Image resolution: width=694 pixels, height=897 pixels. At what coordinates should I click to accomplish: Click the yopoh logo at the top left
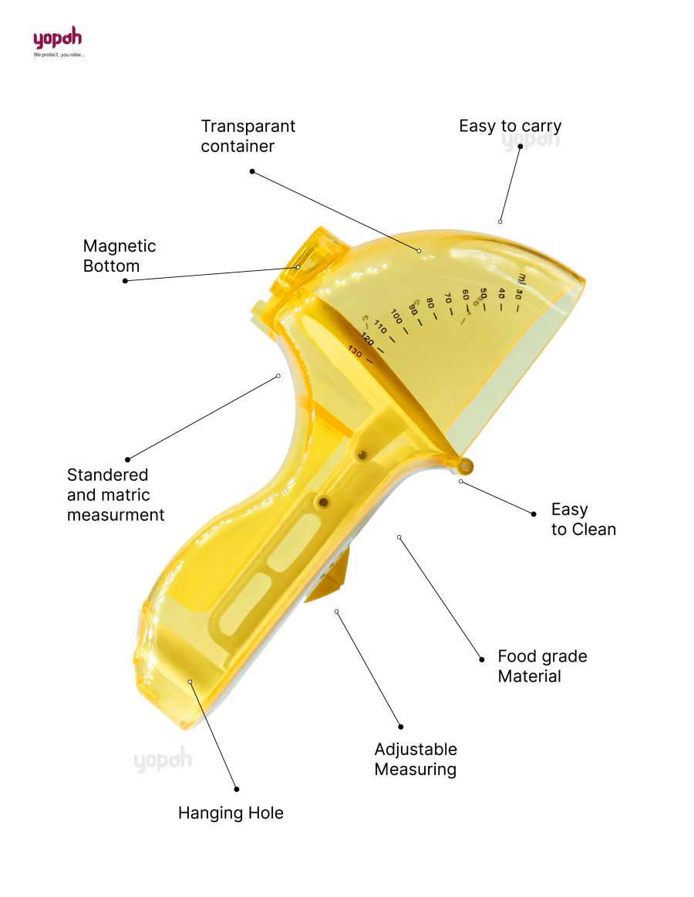57,39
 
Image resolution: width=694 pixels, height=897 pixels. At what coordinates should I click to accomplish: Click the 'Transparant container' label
248,136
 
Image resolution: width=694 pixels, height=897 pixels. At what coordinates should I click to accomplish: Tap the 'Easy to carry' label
510,126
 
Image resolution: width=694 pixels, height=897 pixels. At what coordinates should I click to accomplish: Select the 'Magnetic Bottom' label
120,256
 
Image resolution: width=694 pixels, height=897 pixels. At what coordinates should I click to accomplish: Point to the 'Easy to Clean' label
583,520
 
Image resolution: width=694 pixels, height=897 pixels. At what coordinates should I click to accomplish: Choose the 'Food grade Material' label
541,666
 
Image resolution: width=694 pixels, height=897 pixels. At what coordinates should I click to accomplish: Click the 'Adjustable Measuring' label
415,760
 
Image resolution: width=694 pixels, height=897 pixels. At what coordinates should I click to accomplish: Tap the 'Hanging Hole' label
231,813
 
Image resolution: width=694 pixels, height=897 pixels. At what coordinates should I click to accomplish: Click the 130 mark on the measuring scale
355,352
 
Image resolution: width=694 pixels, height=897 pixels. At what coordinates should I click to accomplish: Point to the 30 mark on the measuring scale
518,293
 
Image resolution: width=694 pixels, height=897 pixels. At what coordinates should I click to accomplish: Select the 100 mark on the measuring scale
396,316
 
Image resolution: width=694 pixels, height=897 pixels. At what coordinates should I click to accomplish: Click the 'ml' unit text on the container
522,277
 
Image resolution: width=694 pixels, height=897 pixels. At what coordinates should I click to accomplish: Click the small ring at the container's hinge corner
465,465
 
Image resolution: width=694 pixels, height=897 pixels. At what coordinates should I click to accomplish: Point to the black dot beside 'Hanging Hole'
237,789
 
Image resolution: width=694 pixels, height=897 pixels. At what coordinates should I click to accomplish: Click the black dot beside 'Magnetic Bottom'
125,281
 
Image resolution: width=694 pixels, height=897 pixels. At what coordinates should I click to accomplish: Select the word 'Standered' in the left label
107,475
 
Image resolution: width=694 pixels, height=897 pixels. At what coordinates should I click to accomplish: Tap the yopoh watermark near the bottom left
163,760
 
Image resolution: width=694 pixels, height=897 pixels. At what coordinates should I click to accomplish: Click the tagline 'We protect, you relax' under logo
58,56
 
